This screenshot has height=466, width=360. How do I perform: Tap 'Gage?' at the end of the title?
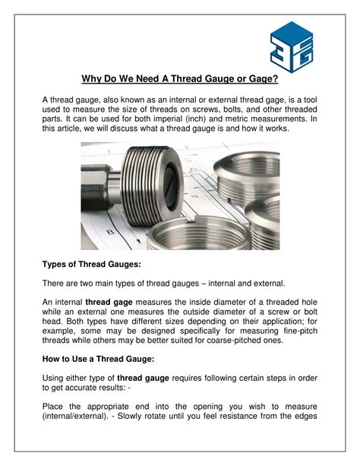(x=262, y=78)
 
